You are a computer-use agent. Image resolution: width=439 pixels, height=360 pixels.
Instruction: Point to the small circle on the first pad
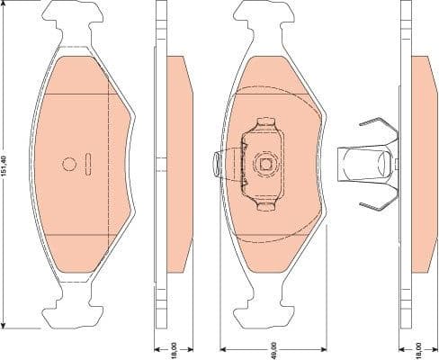(x=70, y=164)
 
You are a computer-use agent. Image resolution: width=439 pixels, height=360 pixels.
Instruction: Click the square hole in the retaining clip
(x=266, y=163)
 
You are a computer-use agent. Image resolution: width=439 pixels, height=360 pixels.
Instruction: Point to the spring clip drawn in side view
(x=368, y=164)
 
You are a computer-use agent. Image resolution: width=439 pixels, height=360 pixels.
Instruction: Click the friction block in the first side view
(x=180, y=164)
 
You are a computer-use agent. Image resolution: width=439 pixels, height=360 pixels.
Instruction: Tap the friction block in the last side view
(x=422, y=164)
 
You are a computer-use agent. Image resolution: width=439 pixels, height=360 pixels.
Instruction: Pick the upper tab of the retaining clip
(x=266, y=125)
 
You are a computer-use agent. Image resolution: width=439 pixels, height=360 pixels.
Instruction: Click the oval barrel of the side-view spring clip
(x=384, y=164)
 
